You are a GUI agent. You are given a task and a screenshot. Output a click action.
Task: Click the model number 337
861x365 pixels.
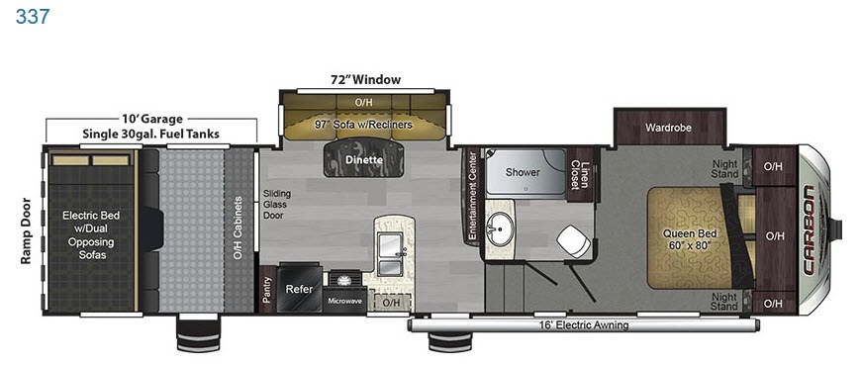point(33,17)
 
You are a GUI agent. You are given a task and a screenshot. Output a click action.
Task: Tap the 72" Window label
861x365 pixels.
point(365,79)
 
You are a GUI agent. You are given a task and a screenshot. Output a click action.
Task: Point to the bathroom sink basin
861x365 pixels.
point(500,229)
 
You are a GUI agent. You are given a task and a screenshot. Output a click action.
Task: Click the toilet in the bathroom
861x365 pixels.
point(571,241)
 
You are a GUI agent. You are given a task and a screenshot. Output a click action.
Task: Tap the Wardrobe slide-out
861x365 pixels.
point(669,128)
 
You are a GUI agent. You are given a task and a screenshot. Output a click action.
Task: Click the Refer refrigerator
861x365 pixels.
point(299,288)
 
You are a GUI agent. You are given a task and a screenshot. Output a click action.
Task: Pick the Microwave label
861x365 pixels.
point(344,301)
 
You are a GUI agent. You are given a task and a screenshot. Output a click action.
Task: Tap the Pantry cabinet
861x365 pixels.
point(267,289)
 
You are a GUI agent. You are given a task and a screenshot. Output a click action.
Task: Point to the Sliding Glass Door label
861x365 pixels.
point(277,204)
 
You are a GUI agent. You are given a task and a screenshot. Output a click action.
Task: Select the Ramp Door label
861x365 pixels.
point(26,230)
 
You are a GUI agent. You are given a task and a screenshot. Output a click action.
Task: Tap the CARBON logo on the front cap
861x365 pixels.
point(810,229)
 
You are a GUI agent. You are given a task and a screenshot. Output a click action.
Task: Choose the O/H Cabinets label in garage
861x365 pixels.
point(239,228)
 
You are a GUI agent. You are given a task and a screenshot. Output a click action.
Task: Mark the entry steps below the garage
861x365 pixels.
point(198,333)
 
